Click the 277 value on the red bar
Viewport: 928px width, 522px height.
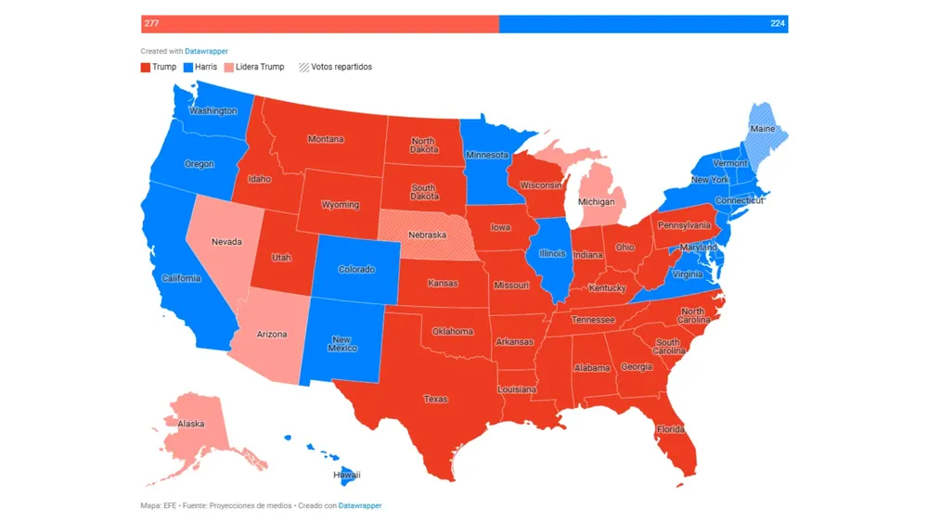(x=151, y=23)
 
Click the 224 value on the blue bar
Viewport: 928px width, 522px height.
(x=777, y=23)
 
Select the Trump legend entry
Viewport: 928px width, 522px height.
(x=159, y=67)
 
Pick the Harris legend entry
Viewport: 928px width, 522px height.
(x=200, y=67)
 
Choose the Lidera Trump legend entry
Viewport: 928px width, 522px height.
(x=254, y=67)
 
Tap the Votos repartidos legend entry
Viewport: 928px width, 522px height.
(x=335, y=67)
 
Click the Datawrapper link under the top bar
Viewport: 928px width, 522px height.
(x=206, y=51)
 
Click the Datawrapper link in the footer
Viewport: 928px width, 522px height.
(x=360, y=505)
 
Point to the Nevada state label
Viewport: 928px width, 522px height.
(x=226, y=242)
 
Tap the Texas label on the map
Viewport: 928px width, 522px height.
(x=435, y=399)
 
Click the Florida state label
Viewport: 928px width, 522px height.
(x=670, y=429)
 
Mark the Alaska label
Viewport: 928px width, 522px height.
(x=190, y=424)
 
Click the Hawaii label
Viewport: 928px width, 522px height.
(x=346, y=475)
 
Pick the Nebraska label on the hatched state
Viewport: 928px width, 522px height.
(x=428, y=235)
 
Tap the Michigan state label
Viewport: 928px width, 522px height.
(x=596, y=201)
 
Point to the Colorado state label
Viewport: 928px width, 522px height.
(x=356, y=269)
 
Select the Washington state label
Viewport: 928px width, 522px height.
(x=213, y=110)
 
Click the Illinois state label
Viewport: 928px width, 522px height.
(x=552, y=253)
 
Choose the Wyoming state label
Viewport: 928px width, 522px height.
(x=340, y=205)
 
